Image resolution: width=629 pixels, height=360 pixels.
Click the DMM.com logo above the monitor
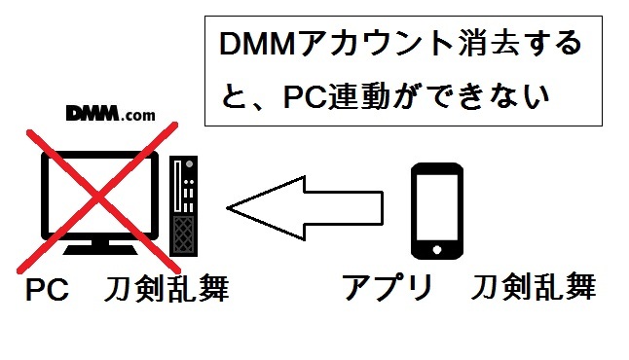point(110,113)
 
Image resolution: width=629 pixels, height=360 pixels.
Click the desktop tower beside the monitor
point(183,205)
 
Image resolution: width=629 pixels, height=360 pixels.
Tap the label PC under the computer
point(46,290)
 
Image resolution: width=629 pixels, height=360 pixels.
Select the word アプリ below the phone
point(386,288)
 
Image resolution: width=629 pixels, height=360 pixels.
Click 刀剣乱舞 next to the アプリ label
point(533,288)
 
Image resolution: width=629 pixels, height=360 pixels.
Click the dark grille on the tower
point(183,232)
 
